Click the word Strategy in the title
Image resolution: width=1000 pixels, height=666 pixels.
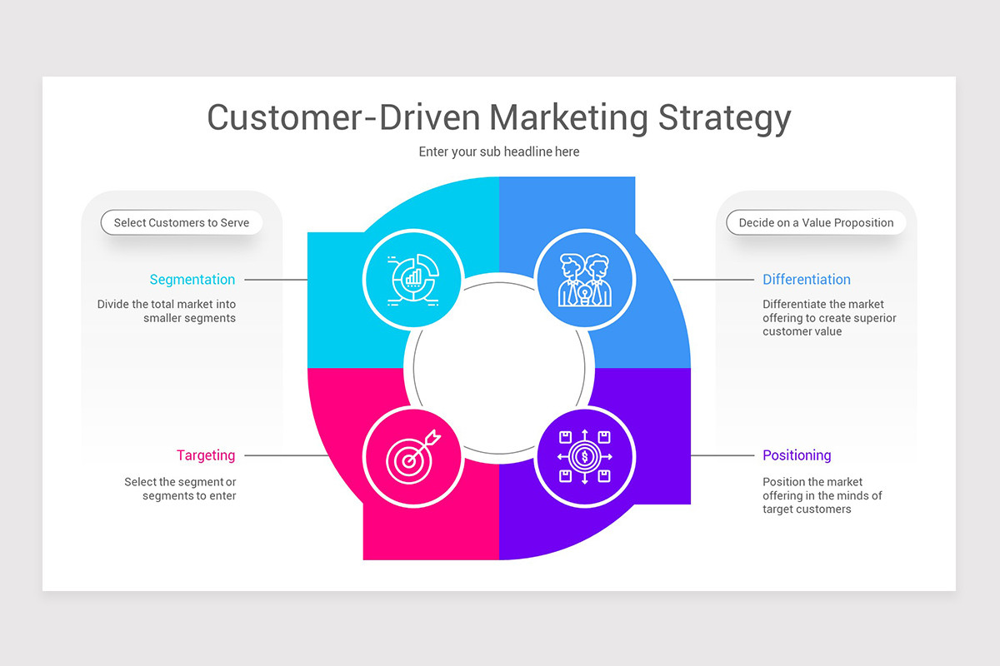tap(724, 118)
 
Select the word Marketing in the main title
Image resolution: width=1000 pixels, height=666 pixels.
tap(567, 118)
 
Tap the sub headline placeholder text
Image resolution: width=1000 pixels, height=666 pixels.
tap(499, 152)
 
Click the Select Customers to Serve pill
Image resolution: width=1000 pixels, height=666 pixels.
tap(182, 223)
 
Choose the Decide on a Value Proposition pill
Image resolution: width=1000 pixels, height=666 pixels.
tap(816, 223)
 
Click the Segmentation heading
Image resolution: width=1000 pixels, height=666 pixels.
tap(192, 280)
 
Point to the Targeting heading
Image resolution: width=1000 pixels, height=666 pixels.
tap(206, 455)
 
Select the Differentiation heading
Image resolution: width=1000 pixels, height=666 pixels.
tap(807, 280)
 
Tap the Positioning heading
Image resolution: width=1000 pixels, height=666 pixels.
tap(797, 455)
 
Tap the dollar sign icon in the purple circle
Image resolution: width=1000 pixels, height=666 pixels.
tap(585, 455)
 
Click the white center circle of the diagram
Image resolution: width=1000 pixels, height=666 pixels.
tap(499, 368)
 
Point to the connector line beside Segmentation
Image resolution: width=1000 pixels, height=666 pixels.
tap(276, 280)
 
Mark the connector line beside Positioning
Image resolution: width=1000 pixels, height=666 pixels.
tap(723, 455)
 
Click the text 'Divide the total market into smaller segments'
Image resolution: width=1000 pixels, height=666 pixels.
tap(167, 311)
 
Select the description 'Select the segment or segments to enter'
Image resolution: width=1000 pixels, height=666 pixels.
tap(181, 489)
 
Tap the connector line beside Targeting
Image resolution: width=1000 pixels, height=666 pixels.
tap(286, 455)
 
